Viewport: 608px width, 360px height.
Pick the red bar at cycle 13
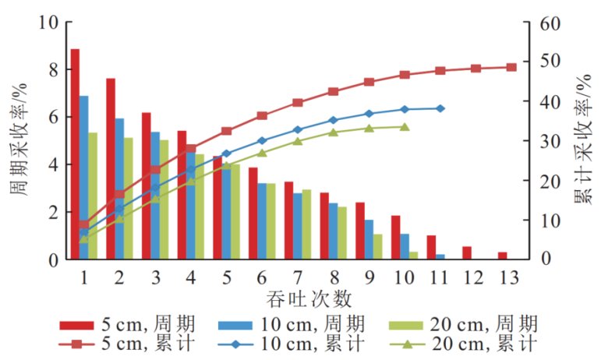(x=503, y=256)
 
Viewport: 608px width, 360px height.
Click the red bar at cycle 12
(x=467, y=252)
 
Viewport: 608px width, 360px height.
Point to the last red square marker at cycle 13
(x=511, y=67)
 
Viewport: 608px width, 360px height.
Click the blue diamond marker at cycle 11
(x=440, y=108)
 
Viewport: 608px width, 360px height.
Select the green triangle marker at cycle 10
(x=405, y=126)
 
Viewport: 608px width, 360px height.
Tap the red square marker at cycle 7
(x=297, y=102)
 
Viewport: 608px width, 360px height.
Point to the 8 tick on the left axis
(x=53, y=69)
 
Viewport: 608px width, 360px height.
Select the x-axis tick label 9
(x=369, y=277)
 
